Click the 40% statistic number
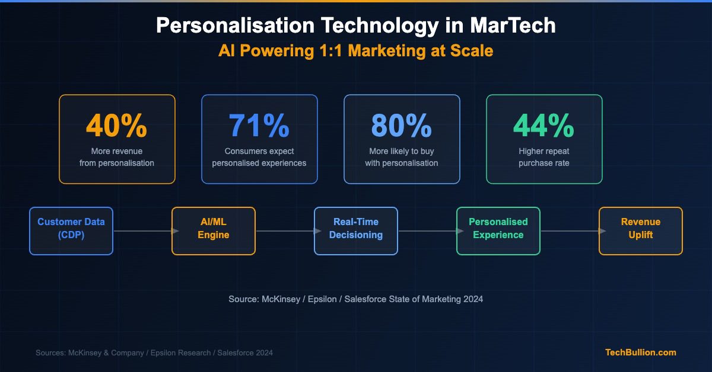point(117,125)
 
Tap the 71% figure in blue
point(259,125)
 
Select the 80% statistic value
point(402,125)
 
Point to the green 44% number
point(544,125)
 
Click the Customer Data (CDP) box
point(71,231)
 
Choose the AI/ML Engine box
point(214,231)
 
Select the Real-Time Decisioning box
point(356,231)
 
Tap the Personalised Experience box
point(498,231)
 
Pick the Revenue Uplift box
point(641,231)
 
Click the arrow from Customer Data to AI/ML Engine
point(142,231)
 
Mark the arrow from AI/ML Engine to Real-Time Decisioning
point(285,231)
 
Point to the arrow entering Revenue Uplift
point(570,231)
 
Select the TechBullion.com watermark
point(640,352)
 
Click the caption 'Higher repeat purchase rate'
point(544,157)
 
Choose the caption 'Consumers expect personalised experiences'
point(259,157)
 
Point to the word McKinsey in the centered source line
point(281,299)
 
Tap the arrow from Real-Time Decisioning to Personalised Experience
point(427,231)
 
